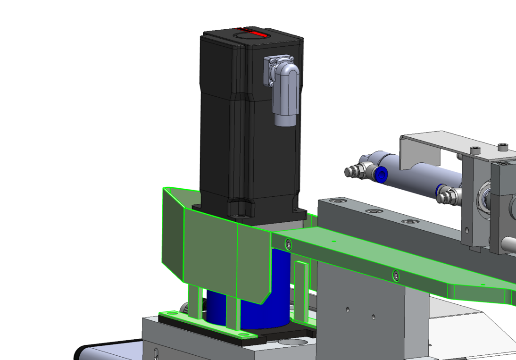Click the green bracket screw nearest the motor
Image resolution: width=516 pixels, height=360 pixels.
[x=288, y=244]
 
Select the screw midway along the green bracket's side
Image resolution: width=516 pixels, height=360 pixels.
[x=396, y=275]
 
